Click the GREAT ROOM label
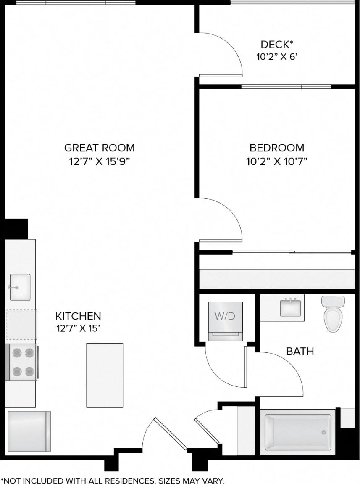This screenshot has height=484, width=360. (x=100, y=148)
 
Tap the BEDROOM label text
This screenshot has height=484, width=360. (x=276, y=148)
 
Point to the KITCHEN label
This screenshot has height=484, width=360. (x=78, y=316)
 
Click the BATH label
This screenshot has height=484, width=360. (x=300, y=351)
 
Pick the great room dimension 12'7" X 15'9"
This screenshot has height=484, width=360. (x=100, y=162)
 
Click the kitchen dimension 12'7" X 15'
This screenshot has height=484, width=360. (x=78, y=328)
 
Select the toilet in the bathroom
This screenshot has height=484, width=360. (x=333, y=313)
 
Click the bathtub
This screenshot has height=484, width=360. (x=298, y=431)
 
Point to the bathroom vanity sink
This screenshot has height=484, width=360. (x=290, y=307)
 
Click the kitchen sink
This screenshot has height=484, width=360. (x=20, y=287)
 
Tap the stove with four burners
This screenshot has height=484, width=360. (x=23, y=362)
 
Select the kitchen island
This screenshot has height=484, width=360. (x=105, y=375)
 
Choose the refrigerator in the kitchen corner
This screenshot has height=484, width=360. (x=29, y=431)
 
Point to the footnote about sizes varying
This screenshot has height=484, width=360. (x=112, y=480)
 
